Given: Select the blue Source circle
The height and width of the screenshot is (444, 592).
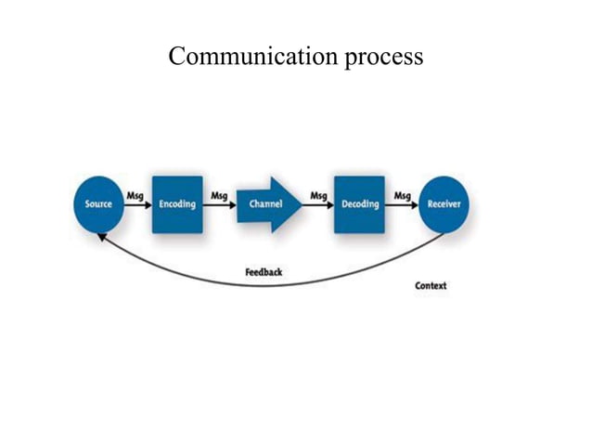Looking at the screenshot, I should tap(98, 204).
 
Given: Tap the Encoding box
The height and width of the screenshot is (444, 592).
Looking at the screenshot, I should tap(177, 204).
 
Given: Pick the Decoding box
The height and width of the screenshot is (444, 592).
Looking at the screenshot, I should tap(359, 204).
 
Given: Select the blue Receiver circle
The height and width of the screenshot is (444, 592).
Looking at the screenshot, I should tap(444, 204).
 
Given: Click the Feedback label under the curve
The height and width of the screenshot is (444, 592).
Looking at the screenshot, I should tap(264, 272).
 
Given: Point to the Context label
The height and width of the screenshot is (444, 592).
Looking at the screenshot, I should tap(431, 285).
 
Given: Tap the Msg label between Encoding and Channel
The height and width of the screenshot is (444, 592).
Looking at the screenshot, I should tap(219, 195).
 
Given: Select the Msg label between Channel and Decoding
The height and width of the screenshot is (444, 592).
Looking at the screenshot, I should tap(318, 195).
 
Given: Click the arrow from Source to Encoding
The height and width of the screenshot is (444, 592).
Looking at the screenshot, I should tap(137, 204).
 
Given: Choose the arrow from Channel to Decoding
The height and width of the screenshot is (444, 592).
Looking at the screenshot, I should tap(318, 204).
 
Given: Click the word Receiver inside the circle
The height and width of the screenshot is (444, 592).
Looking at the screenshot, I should tap(444, 204).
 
